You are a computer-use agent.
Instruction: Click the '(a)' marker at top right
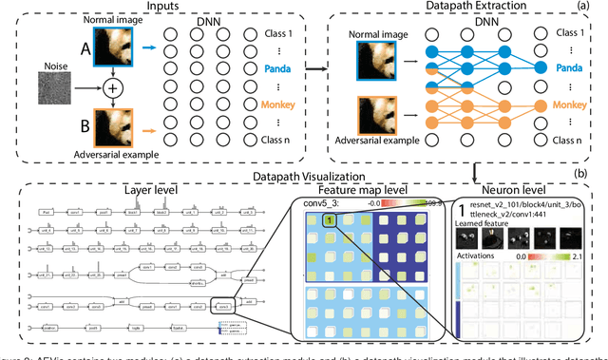click(597, 9)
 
